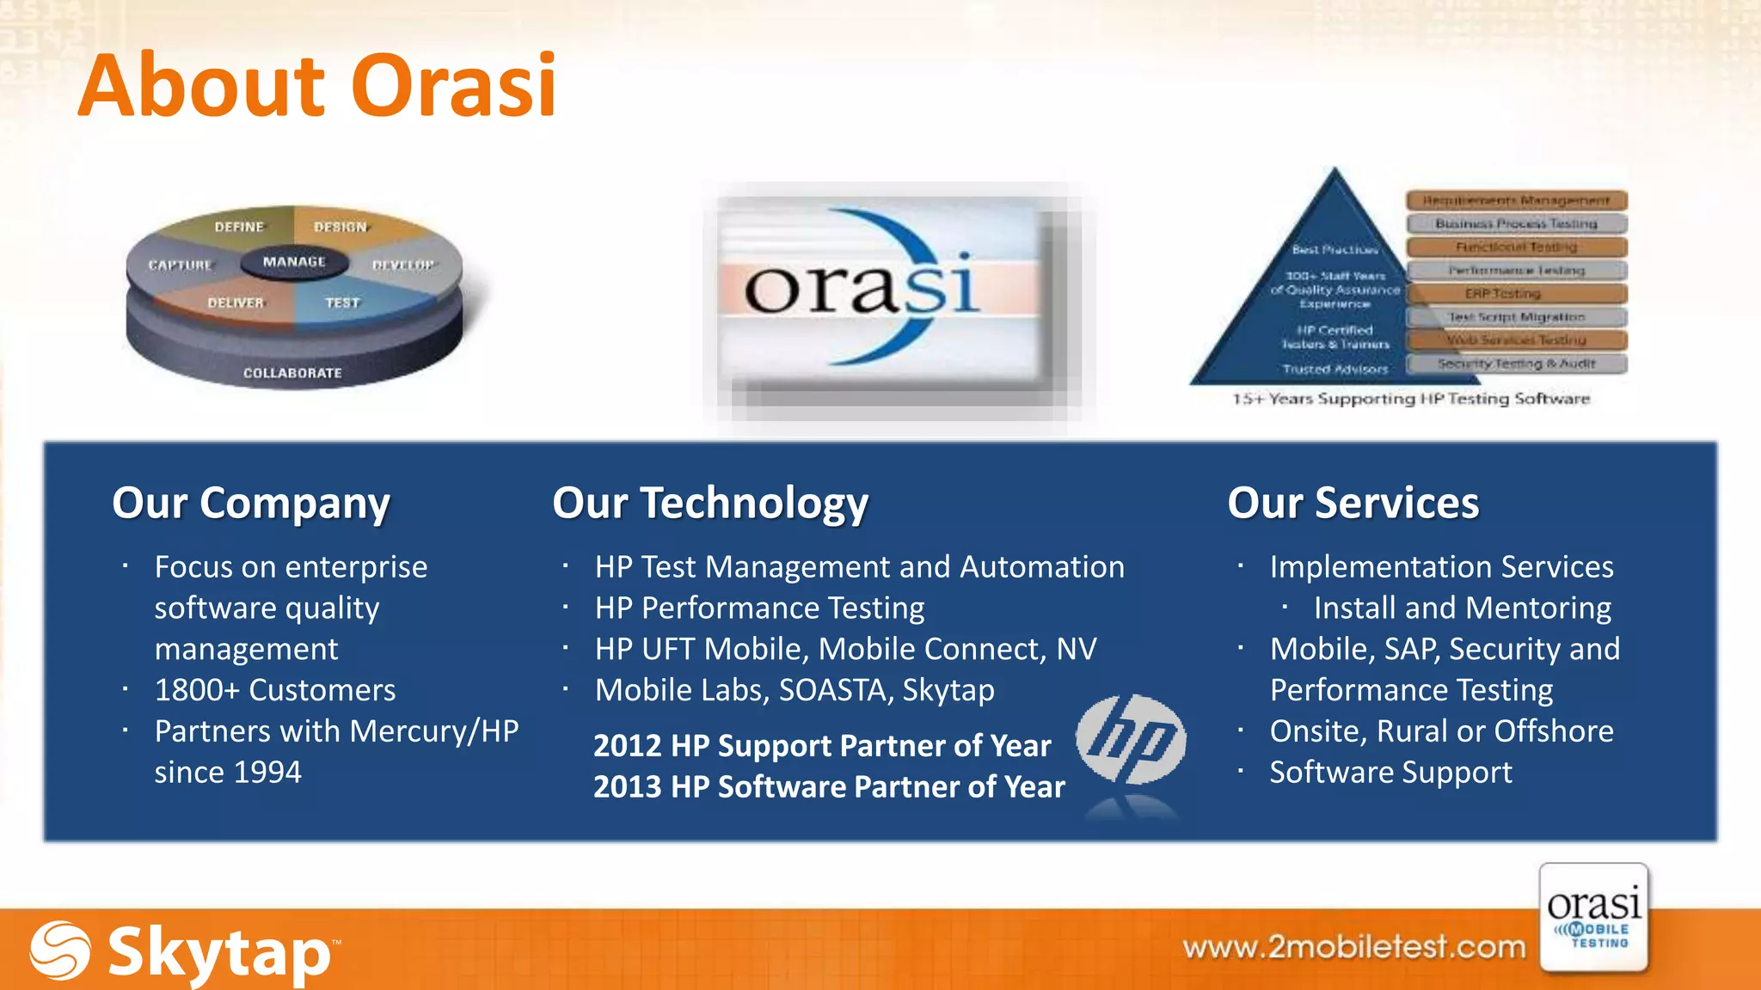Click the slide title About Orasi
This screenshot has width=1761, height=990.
[316, 86]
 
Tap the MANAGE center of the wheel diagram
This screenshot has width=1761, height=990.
[294, 262]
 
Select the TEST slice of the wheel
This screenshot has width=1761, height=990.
[342, 303]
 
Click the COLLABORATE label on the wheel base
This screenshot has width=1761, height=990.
[292, 373]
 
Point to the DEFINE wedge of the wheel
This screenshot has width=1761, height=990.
[239, 227]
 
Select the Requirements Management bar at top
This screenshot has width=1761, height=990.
[1517, 201]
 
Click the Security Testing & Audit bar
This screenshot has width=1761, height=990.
[1517, 364]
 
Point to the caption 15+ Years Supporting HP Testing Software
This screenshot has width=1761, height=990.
[1410, 399]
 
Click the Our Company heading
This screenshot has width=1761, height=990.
[251, 504]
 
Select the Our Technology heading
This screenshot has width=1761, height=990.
[710, 504]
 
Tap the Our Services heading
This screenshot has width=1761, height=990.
[1353, 504]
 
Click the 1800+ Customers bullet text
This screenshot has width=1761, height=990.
[275, 690]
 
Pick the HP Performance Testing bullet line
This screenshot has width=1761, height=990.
[759, 608]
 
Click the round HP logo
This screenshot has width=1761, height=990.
[1131, 739]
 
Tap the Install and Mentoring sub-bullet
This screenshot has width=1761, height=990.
[1462, 608]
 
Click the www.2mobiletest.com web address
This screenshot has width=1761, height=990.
[1353, 947]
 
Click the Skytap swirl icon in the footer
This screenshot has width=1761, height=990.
[60, 950]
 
